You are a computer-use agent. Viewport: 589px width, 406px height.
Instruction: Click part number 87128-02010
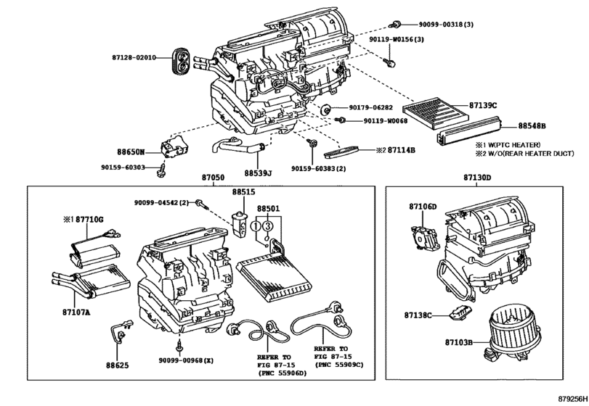[x=134, y=57]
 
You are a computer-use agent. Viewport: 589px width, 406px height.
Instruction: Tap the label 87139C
[x=483, y=106]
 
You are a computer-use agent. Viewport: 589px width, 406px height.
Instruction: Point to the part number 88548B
[x=532, y=126]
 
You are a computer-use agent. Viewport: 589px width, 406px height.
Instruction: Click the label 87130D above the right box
[x=477, y=178]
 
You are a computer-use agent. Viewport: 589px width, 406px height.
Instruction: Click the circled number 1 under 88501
[x=256, y=226]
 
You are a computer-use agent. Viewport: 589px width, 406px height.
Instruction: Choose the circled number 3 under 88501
[x=267, y=226]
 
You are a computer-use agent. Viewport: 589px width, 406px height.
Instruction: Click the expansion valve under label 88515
[x=239, y=224]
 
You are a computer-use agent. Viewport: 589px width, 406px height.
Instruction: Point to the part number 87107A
[x=77, y=312]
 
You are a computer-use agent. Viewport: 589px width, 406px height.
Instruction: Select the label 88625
[x=117, y=365]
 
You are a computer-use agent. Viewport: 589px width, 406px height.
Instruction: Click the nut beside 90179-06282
[x=325, y=110]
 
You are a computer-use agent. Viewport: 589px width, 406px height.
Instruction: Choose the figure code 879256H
[x=573, y=399]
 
